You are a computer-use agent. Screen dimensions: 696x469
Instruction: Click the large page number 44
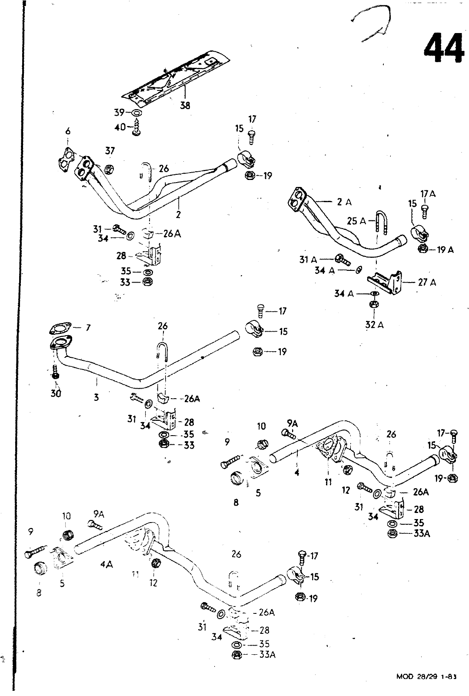point(442,48)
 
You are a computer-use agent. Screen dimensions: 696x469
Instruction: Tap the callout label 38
point(185,105)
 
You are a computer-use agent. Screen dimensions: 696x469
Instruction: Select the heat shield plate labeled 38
point(174,77)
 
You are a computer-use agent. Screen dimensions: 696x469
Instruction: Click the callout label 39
point(119,112)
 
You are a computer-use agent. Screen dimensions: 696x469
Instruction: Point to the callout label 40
point(120,127)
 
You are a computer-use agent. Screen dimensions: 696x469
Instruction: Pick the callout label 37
point(110,150)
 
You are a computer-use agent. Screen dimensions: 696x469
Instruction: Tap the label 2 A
point(344,202)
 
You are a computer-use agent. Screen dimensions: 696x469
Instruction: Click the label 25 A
point(356,221)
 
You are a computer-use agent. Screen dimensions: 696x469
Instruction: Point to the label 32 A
point(375,324)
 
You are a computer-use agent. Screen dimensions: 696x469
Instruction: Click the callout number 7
point(88,327)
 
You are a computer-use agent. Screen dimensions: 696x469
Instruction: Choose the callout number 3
point(96,396)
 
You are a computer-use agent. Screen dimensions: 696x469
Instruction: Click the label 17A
point(428,194)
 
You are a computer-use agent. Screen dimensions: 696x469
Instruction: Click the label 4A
point(106,564)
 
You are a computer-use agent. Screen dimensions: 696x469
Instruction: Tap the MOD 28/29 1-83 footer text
point(427,688)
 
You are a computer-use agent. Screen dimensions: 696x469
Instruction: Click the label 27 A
point(427,283)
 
